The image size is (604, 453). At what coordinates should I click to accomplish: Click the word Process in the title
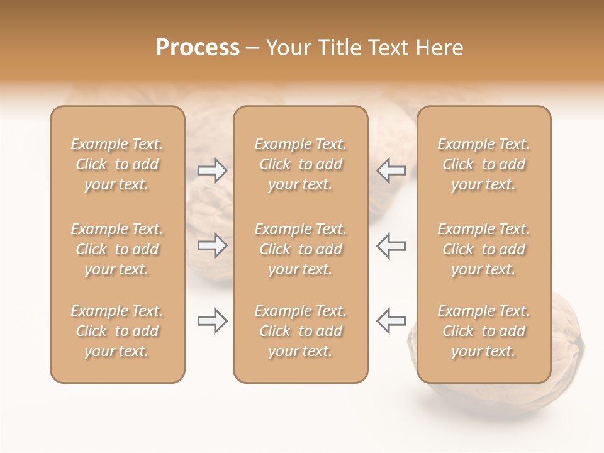tap(198, 48)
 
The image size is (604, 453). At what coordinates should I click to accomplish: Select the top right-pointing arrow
tap(213, 171)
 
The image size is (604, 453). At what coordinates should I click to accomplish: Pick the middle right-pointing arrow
tap(213, 245)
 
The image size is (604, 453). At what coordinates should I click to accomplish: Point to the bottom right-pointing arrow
tap(213, 321)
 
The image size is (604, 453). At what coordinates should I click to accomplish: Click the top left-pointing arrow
tap(391, 171)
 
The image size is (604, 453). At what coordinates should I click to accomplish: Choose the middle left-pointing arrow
tap(391, 245)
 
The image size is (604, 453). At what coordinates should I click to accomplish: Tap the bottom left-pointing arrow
tap(391, 321)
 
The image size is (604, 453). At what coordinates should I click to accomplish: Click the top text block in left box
tap(117, 164)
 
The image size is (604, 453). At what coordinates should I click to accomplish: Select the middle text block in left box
tap(117, 249)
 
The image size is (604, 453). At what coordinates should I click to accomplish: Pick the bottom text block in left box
tap(117, 331)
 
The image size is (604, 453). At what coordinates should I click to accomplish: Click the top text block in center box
tap(301, 164)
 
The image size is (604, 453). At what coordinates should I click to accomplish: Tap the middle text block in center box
tap(301, 249)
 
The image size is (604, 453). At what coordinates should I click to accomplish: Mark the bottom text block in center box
tap(301, 331)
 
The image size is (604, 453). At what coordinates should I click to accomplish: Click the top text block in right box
tap(484, 164)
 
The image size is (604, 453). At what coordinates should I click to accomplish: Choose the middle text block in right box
tap(484, 249)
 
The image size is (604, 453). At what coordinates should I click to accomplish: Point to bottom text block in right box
tap(484, 331)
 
